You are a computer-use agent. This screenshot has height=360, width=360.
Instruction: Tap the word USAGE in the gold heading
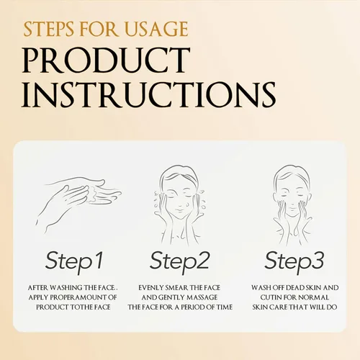coord(157,30)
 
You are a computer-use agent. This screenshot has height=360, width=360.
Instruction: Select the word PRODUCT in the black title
coord(107,60)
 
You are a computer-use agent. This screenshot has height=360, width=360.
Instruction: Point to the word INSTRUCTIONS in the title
coord(149,94)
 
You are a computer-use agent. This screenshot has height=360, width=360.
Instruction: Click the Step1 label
coord(74,261)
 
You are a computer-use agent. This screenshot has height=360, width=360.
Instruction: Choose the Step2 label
coord(180,261)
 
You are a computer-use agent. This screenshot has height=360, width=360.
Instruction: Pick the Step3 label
coord(294,261)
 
